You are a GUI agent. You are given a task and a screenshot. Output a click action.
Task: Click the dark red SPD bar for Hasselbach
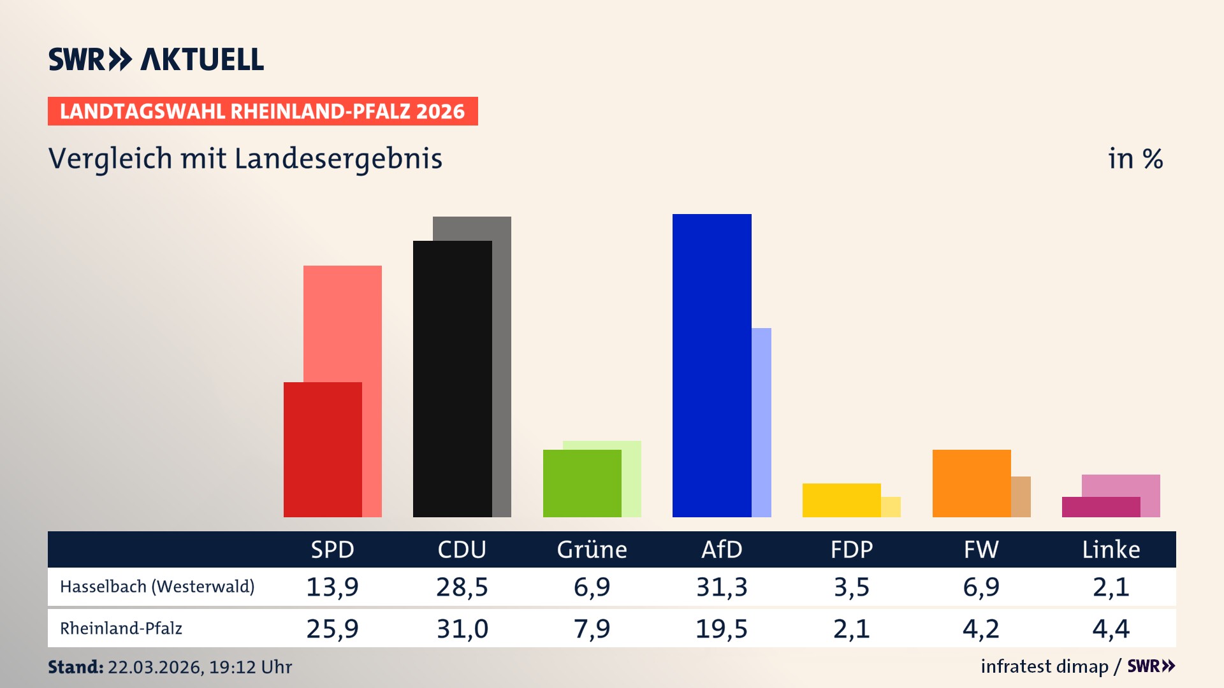(x=323, y=449)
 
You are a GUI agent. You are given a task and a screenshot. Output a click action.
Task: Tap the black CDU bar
(x=452, y=379)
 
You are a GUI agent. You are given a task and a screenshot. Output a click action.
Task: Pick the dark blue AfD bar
(x=711, y=365)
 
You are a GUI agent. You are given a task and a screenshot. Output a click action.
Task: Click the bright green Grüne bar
(x=581, y=483)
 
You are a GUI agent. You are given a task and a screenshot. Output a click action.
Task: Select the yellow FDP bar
(x=841, y=500)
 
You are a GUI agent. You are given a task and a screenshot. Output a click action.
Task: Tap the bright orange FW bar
(x=971, y=483)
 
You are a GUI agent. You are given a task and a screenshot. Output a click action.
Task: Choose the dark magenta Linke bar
(x=1100, y=507)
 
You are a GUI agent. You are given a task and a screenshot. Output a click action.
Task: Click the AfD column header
(x=722, y=549)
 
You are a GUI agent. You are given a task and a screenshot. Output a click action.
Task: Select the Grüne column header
(x=592, y=549)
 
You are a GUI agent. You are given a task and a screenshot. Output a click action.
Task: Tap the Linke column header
(x=1111, y=549)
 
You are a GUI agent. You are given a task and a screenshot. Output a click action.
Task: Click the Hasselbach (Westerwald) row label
(x=157, y=587)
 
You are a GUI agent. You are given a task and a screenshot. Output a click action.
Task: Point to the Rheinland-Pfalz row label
(x=121, y=629)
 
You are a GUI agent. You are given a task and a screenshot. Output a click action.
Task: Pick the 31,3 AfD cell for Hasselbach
(x=722, y=587)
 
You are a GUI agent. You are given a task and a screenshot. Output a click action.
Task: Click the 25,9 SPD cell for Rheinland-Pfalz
(x=332, y=629)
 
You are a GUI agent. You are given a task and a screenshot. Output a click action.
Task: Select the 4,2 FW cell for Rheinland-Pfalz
(x=981, y=629)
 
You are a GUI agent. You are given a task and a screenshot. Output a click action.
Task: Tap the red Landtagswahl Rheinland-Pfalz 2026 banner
(x=262, y=111)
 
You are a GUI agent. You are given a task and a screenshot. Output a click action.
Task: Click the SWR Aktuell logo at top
(x=156, y=59)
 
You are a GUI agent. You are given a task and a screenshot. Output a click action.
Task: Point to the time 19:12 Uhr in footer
(x=250, y=667)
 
